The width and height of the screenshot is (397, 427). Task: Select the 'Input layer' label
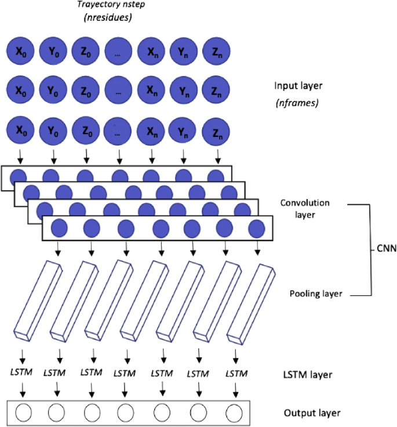(298, 86)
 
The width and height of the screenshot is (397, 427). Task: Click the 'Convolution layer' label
(305, 209)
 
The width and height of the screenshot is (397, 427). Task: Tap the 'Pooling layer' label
(316, 294)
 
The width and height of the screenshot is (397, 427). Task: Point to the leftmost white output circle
(23, 413)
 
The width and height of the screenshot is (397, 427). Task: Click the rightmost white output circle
(234, 413)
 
